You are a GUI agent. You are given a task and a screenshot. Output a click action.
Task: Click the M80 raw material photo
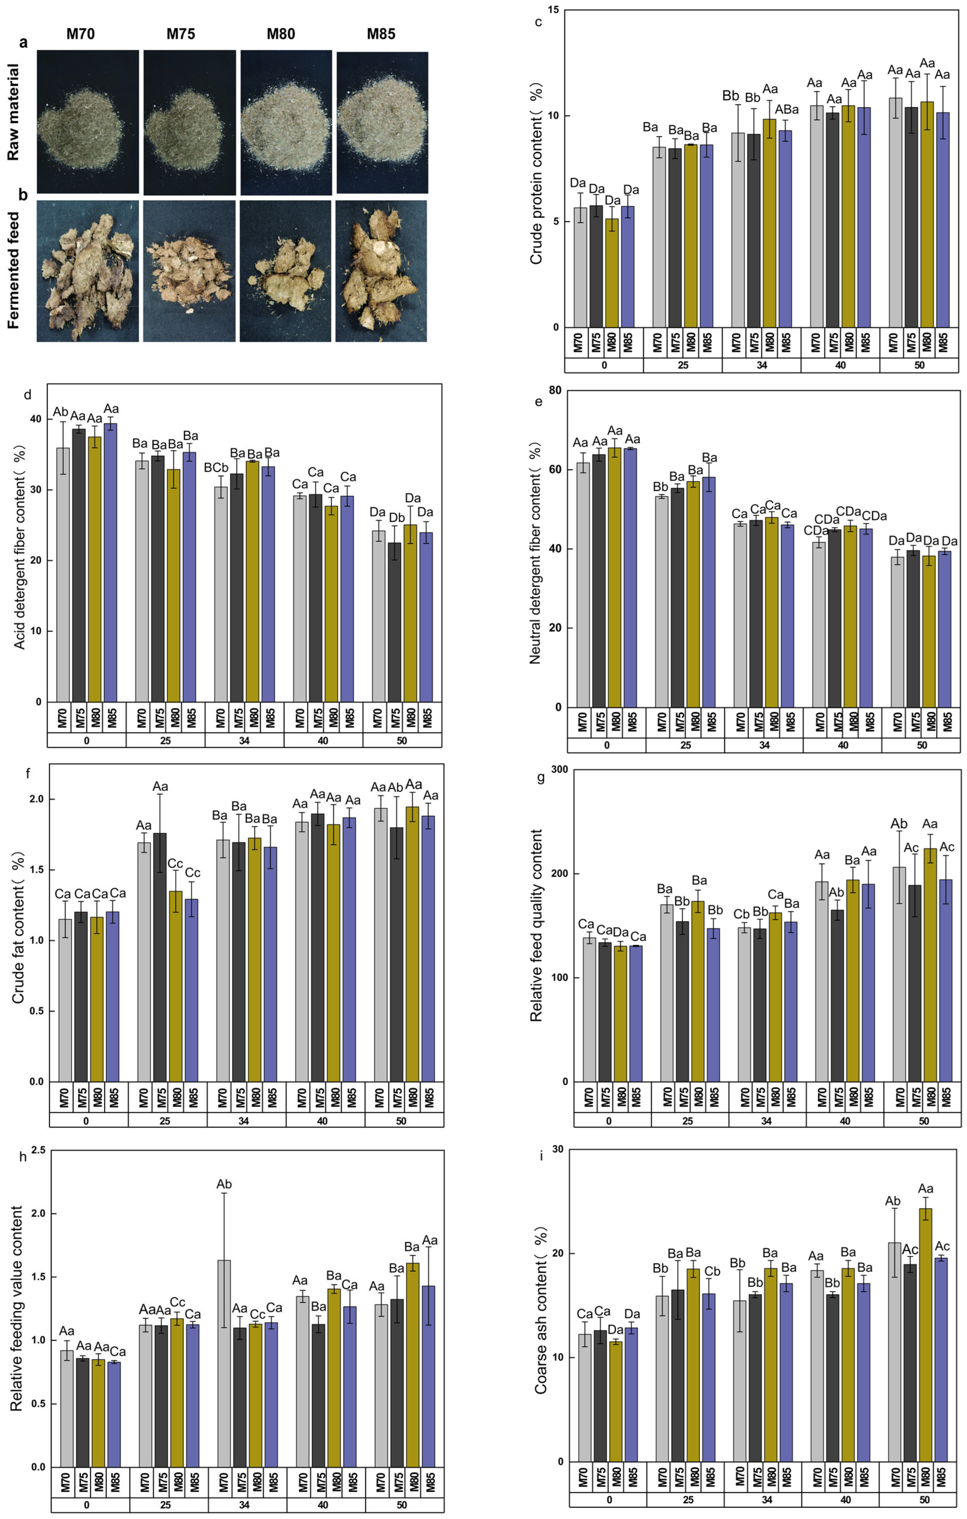click(x=286, y=122)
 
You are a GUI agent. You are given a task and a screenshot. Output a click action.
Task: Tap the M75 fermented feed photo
click(x=189, y=271)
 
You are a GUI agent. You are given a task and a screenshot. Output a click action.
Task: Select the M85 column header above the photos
click(x=381, y=34)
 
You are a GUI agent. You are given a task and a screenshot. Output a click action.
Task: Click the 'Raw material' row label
click(x=13, y=112)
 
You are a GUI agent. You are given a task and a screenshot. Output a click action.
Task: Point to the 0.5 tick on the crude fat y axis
click(x=37, y=1011)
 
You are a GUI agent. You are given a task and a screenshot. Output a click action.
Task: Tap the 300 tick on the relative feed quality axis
click(x=559, y=770)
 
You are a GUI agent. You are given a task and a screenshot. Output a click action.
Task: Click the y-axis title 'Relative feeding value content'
click(x=17, y=1308)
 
